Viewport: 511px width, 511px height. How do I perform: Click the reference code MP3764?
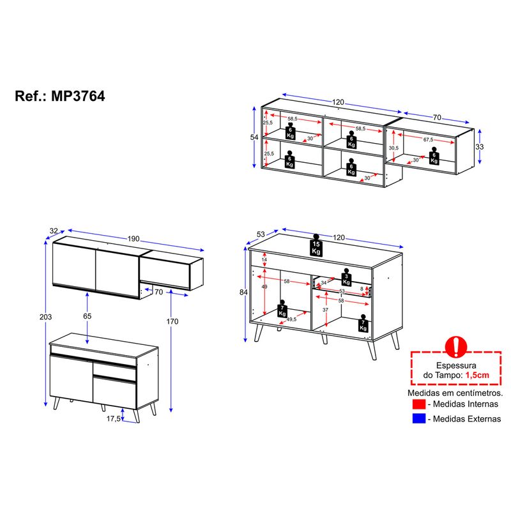pos(78,96)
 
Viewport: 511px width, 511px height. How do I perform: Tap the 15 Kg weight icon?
pos(316,245)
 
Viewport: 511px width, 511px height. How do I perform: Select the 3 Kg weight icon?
pos(346,277)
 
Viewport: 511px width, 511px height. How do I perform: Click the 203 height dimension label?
pos(45,317)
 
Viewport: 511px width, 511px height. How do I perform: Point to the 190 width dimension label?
pos(133,238)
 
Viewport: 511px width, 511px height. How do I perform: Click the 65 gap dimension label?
pos(87,316)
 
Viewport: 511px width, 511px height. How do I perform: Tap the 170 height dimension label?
pos(172,321)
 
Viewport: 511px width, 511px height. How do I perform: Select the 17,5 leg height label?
pos(114,418)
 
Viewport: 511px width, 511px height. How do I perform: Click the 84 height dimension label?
pos(243,293)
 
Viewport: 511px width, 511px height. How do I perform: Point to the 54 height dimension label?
pos(254,137)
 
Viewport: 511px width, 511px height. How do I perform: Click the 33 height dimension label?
pos(480,147)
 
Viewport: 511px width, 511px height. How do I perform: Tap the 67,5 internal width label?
pos(428,139)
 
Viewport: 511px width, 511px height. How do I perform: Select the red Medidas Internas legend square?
pos(419,404)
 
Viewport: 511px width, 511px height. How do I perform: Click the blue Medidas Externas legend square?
pos(419,418)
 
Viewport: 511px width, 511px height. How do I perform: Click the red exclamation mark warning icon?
pos(456,347)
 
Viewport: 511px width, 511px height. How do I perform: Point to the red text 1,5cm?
pos(477,375)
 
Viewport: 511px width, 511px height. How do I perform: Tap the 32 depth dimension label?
pos(54,231)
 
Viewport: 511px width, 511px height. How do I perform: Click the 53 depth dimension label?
pos(261,234)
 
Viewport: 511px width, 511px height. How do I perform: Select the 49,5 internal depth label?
pos(291,319)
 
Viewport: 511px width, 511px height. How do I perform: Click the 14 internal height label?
pos(264,259)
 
